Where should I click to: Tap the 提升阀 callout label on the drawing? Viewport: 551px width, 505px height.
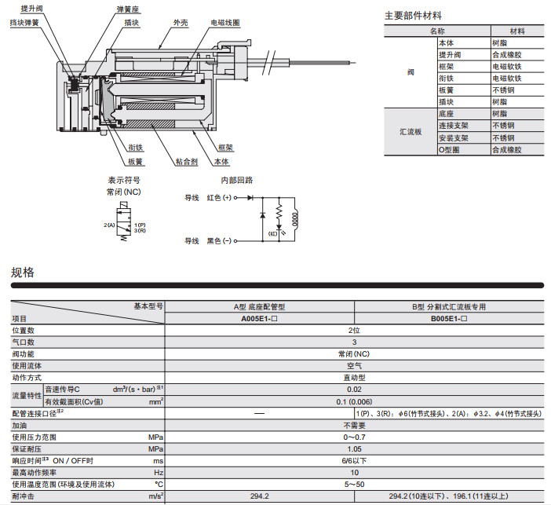[32, 9]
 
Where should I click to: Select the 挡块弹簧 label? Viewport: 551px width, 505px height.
[24, 23]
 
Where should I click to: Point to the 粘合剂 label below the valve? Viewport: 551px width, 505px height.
[186, 162]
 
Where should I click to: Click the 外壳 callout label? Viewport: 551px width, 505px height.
[180, 24]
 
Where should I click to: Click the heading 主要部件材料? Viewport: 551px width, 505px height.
[413, 15]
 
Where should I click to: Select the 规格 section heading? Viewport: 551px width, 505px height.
[23, 273]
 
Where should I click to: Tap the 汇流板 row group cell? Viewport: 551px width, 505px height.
[411, 131]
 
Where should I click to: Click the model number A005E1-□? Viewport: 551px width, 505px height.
[262, 319]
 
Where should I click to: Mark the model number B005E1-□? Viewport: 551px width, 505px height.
[449, 319]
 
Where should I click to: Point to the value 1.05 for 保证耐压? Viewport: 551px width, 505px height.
[355, 448]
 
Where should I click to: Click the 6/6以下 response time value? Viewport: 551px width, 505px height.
[355, 460]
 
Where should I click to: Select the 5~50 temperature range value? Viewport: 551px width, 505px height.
[355, 484]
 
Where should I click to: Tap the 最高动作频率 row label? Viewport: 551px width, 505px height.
[34, 472]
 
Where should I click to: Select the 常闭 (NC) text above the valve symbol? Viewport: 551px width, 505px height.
[124, 192]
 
